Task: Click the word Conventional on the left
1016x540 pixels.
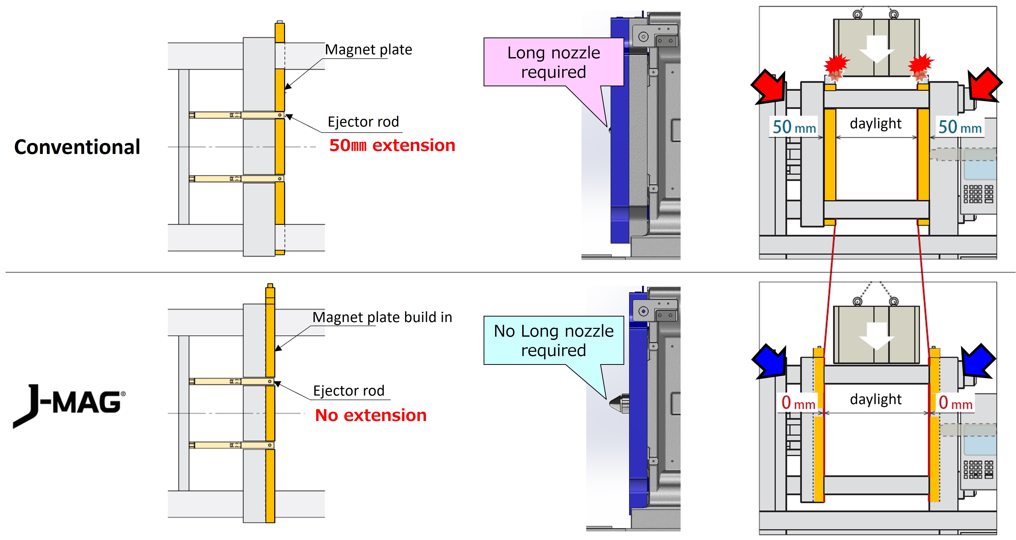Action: tap(77, 147)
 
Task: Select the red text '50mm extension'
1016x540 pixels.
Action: tap(392, 145)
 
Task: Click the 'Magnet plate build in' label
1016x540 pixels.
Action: tap(382, 317)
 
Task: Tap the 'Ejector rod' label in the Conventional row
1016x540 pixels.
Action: tap(363, 122)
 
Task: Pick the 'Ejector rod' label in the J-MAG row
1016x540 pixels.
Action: tap(349, 391)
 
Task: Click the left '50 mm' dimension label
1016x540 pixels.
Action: tap(794, 127)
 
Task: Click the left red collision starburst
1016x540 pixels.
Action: tap(836, 65)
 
